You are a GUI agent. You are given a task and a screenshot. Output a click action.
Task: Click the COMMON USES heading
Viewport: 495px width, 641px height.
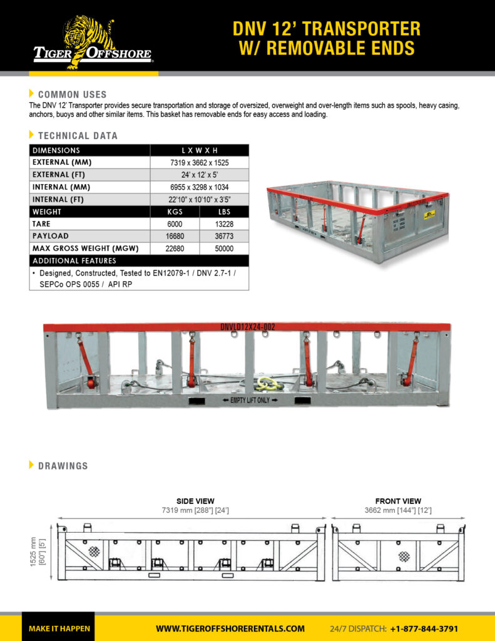72,95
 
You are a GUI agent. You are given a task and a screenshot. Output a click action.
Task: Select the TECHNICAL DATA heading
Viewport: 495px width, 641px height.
78,135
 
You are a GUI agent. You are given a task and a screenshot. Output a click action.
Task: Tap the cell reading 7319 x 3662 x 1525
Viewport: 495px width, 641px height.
199,162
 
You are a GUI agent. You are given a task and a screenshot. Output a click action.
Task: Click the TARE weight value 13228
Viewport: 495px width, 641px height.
223,223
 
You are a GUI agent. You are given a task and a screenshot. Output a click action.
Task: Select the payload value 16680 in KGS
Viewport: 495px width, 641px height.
175,236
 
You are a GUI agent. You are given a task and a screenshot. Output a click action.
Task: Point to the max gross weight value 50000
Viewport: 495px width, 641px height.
223,249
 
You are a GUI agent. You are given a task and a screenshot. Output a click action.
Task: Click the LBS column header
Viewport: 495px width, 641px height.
223,212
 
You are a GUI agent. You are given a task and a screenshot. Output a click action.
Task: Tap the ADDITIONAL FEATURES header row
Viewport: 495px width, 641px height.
138,260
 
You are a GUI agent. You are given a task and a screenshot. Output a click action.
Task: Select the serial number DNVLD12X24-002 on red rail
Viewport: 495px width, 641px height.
248,327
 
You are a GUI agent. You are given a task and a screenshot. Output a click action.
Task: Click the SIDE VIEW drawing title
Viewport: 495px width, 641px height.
195,501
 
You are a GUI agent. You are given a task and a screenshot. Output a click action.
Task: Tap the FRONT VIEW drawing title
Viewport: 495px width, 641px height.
398,501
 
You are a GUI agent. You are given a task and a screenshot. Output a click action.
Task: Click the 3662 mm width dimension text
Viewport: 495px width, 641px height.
398,510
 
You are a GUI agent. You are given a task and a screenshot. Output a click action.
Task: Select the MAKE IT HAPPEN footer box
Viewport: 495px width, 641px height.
59,628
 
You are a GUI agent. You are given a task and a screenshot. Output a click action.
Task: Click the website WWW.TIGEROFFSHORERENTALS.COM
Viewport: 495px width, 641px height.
230,628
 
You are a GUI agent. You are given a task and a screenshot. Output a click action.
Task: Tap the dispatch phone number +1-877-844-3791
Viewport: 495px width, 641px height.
424,628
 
